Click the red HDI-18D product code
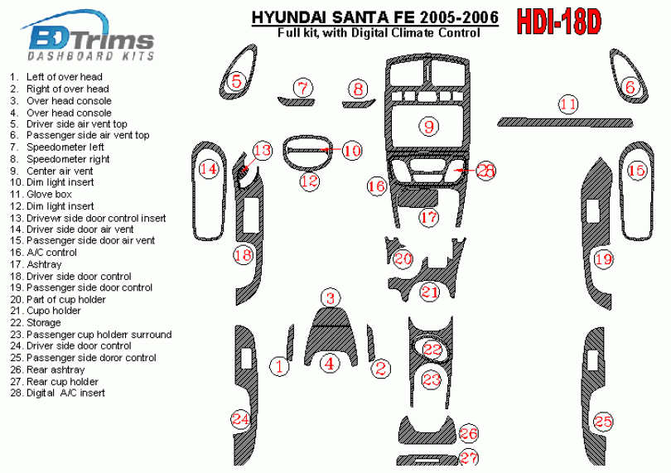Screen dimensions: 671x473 [559, 22]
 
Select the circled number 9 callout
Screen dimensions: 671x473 [429, 126]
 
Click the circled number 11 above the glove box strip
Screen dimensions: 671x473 [568, 104]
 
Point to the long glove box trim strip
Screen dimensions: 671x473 [565, 123]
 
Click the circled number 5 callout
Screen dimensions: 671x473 [237, 80]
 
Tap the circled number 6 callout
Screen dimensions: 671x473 [630, 87]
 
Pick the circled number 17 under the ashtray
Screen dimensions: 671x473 [428, 217]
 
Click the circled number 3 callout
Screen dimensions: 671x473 [331, 298]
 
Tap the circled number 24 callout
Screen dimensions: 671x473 [240, 418]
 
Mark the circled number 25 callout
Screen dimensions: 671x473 [603, 422]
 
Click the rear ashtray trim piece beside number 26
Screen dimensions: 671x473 [427, 430]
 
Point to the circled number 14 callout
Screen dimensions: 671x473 [209, 169]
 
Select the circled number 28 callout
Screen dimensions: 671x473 [485, 171]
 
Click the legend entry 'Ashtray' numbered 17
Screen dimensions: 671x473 [36, 264]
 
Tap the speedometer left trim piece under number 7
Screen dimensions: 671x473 [296, 101]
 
